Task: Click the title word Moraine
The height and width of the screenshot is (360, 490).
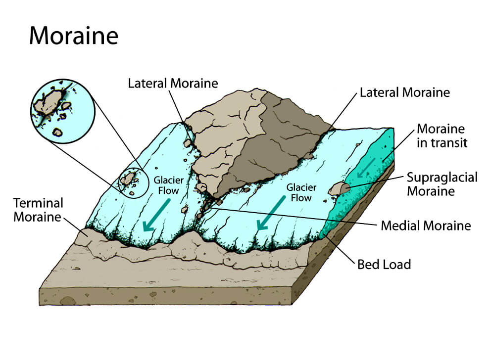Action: coord(74,36)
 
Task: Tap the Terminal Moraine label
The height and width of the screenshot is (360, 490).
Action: coord(38,210)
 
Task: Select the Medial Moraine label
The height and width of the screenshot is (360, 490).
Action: coord(426,225)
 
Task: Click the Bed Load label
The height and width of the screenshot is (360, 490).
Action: coord(384,265)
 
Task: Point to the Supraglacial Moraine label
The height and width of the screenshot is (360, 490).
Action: coord(442,184)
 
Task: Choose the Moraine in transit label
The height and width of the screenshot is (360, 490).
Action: coord(442,136)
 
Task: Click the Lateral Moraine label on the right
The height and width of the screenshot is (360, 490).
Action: coord(405,92)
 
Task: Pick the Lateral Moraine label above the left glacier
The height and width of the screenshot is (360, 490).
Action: coord(173,84)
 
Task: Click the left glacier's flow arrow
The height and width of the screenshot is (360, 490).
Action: coord(156,216)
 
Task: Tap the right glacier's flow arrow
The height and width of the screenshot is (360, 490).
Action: coord(271,213)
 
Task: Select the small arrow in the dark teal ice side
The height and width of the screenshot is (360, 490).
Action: coord(366,168)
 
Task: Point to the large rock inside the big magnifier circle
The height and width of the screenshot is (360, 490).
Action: coord(48,101)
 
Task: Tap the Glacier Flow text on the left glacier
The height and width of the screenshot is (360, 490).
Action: coord(168,185)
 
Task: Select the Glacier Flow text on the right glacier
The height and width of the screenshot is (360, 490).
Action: coord(301,192)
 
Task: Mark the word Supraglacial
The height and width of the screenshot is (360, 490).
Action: coord(442,178)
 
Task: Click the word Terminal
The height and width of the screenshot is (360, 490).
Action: coord(38,203)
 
